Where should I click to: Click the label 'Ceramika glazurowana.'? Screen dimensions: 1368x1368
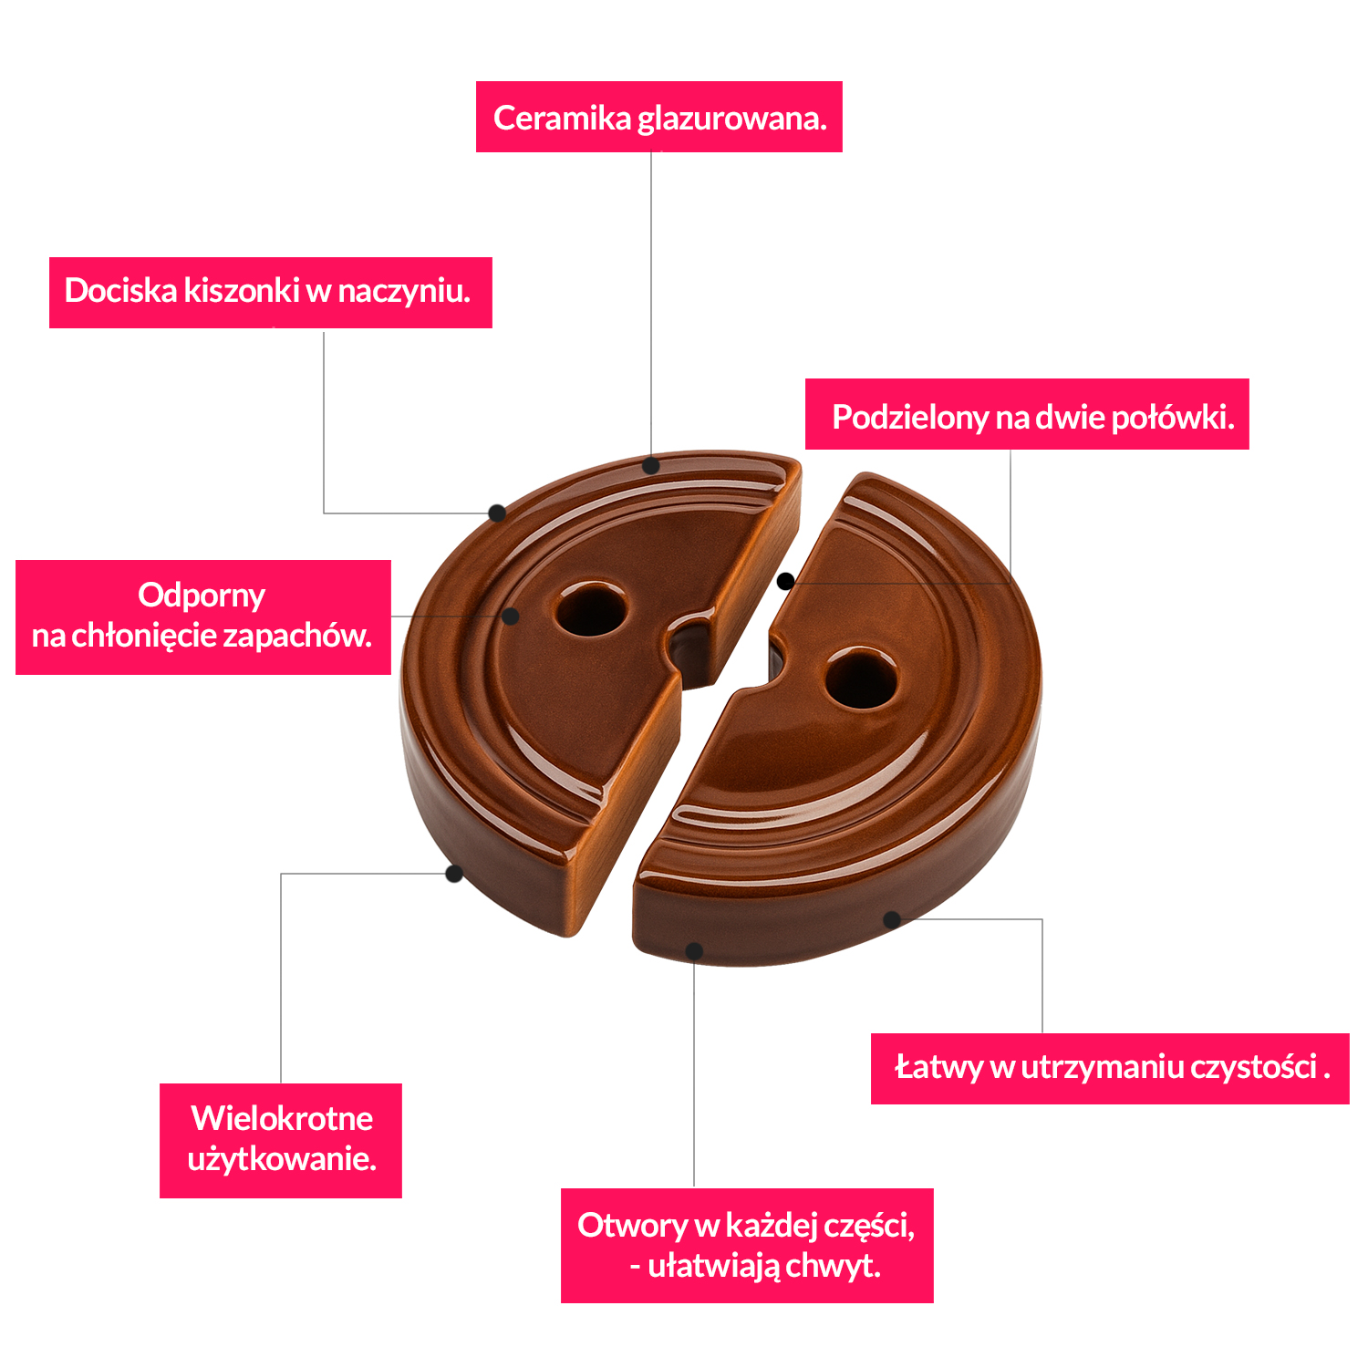[x=658, y=118]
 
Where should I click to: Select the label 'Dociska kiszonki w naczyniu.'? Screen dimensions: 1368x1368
[x=270, y=292]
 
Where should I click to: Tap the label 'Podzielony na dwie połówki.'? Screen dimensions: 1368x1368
[x=1027, y=415]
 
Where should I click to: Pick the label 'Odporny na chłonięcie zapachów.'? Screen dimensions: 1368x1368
[x=202, y=617]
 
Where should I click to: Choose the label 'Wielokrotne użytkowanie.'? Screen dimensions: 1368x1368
[x=281, y=1140]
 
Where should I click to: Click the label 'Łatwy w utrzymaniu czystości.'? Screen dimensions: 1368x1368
[x=1109, y=1068]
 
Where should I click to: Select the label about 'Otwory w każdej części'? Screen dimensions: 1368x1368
[x=746, y=1245]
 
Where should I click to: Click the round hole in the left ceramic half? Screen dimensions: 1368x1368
[x=591, y=610]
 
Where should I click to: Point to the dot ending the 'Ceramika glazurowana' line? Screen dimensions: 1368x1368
[x=650, y=466]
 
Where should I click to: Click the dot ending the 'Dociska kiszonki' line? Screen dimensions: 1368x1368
[x=497, y=513]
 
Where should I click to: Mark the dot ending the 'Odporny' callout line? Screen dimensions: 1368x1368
[x=511, y=617]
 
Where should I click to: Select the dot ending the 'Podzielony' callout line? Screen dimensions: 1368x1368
[x=785, y=581]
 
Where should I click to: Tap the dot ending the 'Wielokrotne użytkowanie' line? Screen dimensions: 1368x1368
[x=453, y=874]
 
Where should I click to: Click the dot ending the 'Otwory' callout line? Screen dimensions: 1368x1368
[x=694, y=951]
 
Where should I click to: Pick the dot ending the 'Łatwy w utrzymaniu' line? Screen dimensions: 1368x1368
[x=892, y=919]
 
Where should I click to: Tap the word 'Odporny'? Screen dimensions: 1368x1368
[x=202, y=596]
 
